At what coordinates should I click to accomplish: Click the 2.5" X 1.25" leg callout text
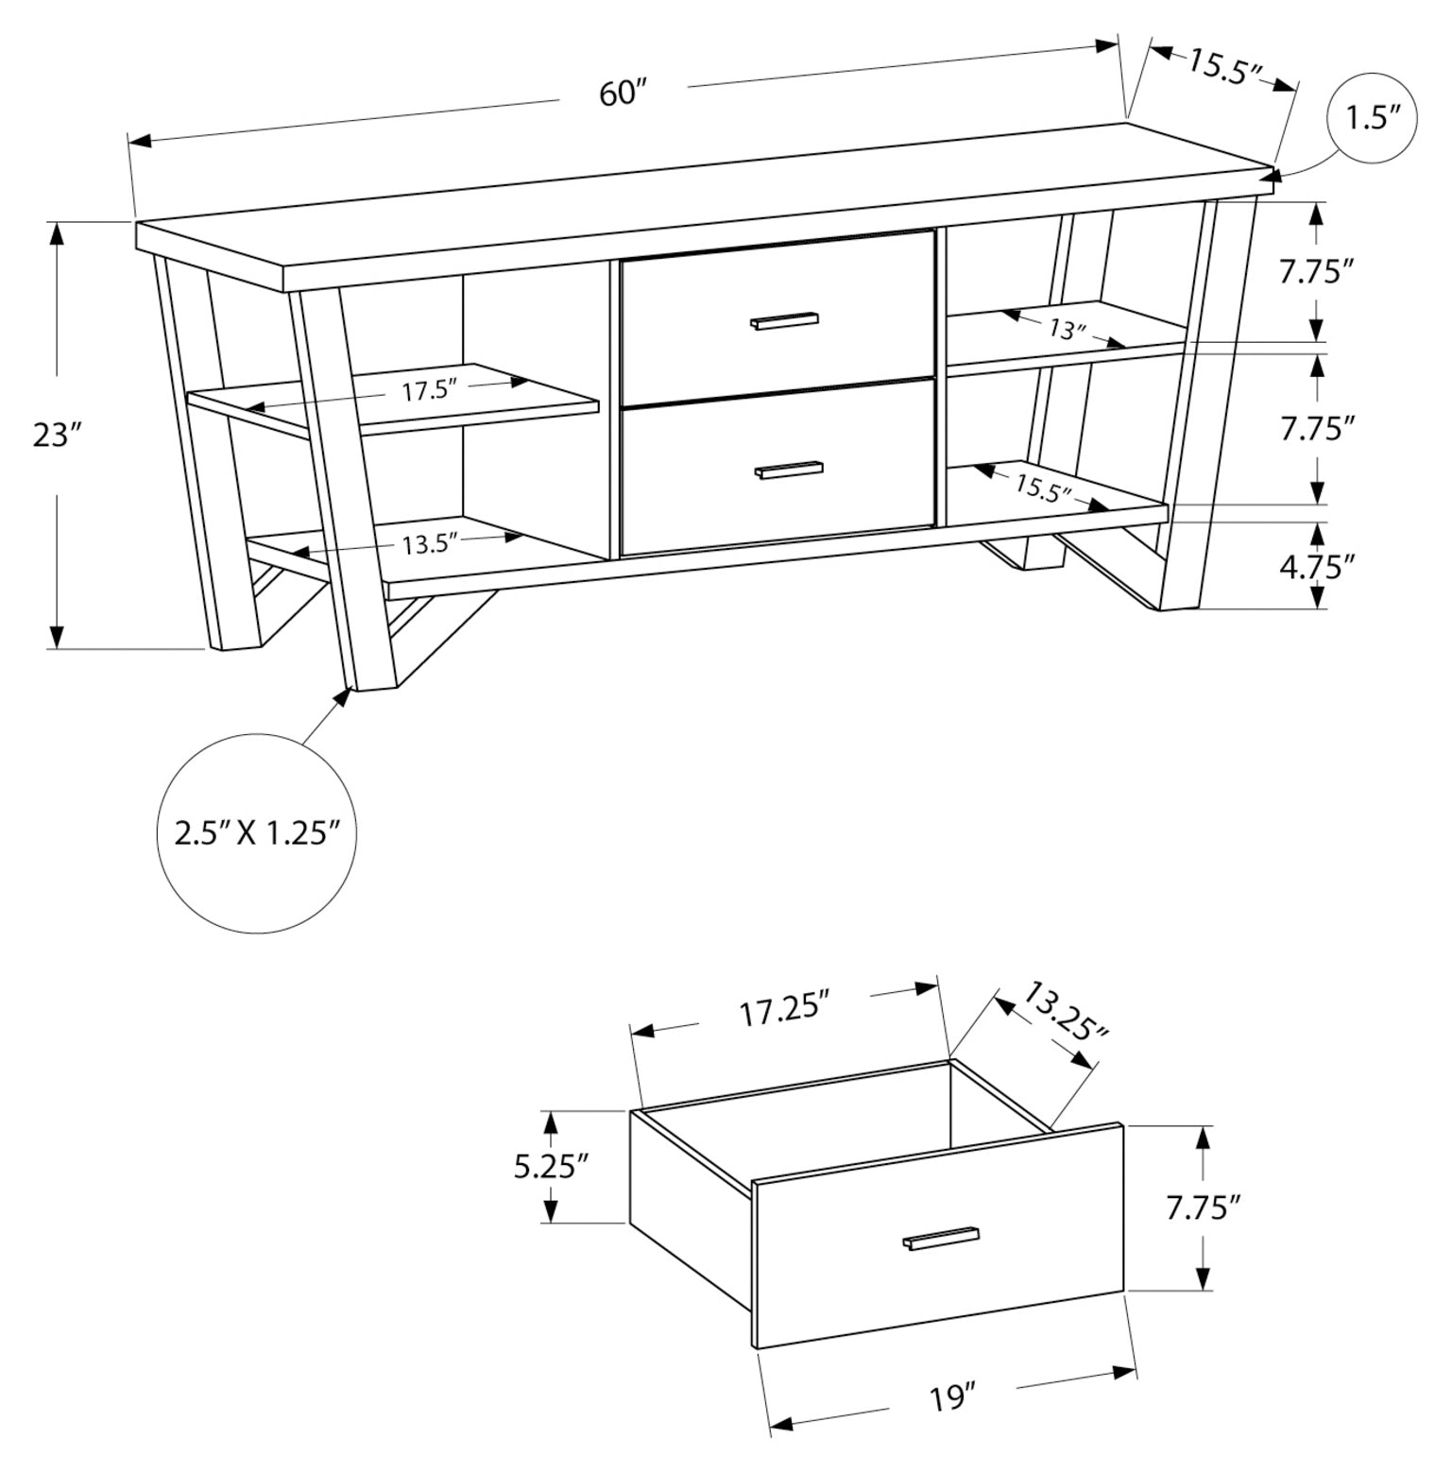pos(256,832)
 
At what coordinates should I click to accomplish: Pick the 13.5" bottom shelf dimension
pos(430,543)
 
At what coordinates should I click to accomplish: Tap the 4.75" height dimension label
pos(1317,566)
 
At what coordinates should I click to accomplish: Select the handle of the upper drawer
pos(784,321)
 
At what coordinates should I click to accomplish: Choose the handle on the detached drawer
pos(940,1239)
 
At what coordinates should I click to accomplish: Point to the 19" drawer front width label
pos(951,1396)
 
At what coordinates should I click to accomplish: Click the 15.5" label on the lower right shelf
pos(1043,488)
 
